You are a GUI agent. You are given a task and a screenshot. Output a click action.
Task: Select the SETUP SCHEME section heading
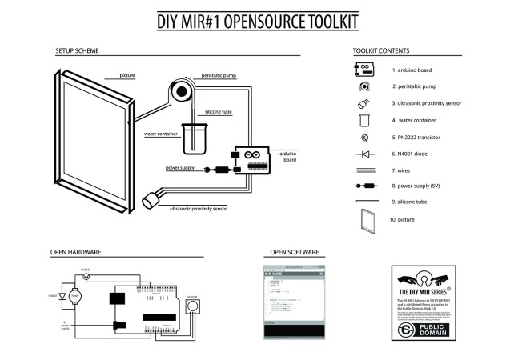[x=77, y=50]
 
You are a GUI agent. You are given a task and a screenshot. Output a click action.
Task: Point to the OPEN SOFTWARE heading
[x=295, y=252]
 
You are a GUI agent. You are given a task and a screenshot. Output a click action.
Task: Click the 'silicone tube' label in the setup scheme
[x=219, y=112]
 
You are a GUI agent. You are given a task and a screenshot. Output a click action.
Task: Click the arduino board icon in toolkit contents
[x=364, y=68]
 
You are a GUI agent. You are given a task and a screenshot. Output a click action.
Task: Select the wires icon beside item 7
[x=364, y=170]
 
